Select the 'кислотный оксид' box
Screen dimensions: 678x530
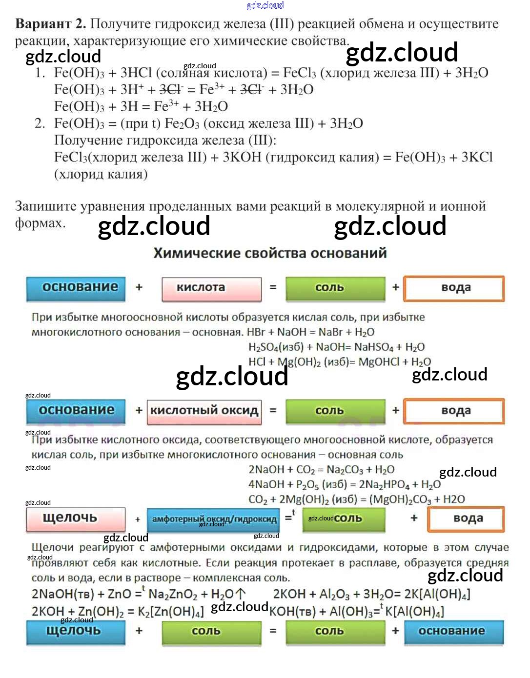click(x=204, y=411)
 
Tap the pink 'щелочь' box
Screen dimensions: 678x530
click(x=75, y=518)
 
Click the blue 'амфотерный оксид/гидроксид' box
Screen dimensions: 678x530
click(x=214, y=519)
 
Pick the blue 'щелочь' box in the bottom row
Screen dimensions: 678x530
click(x=75, y=632)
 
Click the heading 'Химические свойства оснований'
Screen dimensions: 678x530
click(x=270, y=253)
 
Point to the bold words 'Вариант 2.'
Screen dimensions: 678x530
click(x=50, y=24)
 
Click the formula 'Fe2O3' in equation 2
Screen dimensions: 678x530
click(x=182, y=123)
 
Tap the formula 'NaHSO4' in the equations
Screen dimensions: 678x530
click(x=373, y=347)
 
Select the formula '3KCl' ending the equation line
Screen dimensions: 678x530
click(x=477, y=157)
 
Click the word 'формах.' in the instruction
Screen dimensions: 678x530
click(x=40, y=223)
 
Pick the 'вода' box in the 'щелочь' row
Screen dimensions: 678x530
click(x=466, y=518)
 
